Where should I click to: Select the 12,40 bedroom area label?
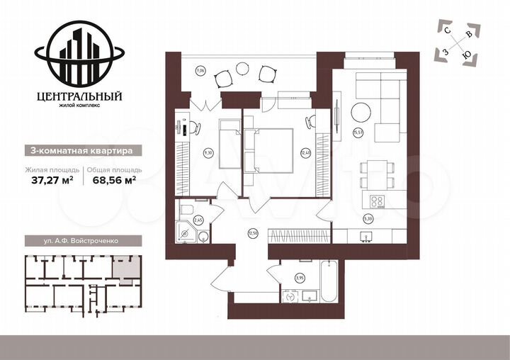click(306, 152)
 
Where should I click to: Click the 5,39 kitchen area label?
click(368, 218)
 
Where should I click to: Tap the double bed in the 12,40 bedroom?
click(270, 150)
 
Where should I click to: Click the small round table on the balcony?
click(242, 68)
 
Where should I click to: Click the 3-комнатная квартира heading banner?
click(78, 150)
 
